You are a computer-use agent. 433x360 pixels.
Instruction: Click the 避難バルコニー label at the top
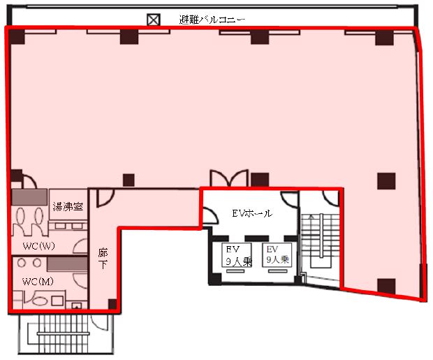pos(212,20)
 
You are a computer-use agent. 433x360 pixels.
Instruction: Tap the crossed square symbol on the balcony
pos(153,20)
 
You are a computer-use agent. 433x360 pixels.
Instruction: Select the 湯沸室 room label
pos(68,206)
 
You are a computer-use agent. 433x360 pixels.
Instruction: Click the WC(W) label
pos(39,246)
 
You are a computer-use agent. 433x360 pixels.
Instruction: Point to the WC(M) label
pos(38,282)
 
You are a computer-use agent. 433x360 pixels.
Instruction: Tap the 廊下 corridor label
pos(103,259)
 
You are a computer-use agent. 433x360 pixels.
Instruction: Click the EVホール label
pos(252,213)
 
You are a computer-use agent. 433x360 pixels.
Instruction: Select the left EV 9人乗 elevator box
pos(237,255)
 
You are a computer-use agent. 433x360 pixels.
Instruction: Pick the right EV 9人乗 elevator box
pos(277,255)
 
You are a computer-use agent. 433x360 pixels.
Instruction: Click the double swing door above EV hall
pos(229,178)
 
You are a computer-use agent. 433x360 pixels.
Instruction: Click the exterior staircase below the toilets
pos(66,334)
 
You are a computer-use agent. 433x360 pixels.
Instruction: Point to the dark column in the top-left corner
pos(17,36)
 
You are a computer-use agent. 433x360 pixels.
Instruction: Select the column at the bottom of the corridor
pos(112,304)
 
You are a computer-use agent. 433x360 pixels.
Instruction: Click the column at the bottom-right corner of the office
pos(386,286)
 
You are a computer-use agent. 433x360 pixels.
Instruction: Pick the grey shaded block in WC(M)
pos(67,264)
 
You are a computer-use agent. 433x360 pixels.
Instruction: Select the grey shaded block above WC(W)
pos(29,197)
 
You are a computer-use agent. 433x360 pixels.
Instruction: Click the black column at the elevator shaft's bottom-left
pos(215,279)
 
